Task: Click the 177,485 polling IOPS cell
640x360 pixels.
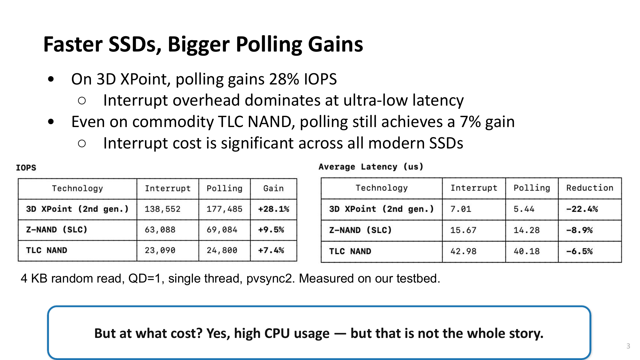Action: click(224, 209)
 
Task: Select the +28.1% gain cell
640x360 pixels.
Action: click(274, 209)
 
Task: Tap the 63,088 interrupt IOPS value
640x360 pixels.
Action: click(160, 230)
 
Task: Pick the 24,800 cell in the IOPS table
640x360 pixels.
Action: click(222, 250)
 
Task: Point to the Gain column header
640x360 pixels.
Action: click(273, 188)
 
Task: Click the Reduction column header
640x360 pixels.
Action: click(590, 188)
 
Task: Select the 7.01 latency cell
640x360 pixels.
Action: click(461, 209)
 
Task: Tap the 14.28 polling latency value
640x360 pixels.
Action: click(526, 230)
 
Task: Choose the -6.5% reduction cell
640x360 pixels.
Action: click(580, 252)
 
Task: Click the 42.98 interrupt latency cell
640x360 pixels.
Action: click(463, 252)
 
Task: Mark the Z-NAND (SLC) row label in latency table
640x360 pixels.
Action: click(360, 230)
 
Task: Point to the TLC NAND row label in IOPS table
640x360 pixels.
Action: click(47, 250)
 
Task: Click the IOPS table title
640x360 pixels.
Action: click(26, 168)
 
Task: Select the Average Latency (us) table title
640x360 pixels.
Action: click(371, 167)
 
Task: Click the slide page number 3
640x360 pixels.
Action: click(628, 346)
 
